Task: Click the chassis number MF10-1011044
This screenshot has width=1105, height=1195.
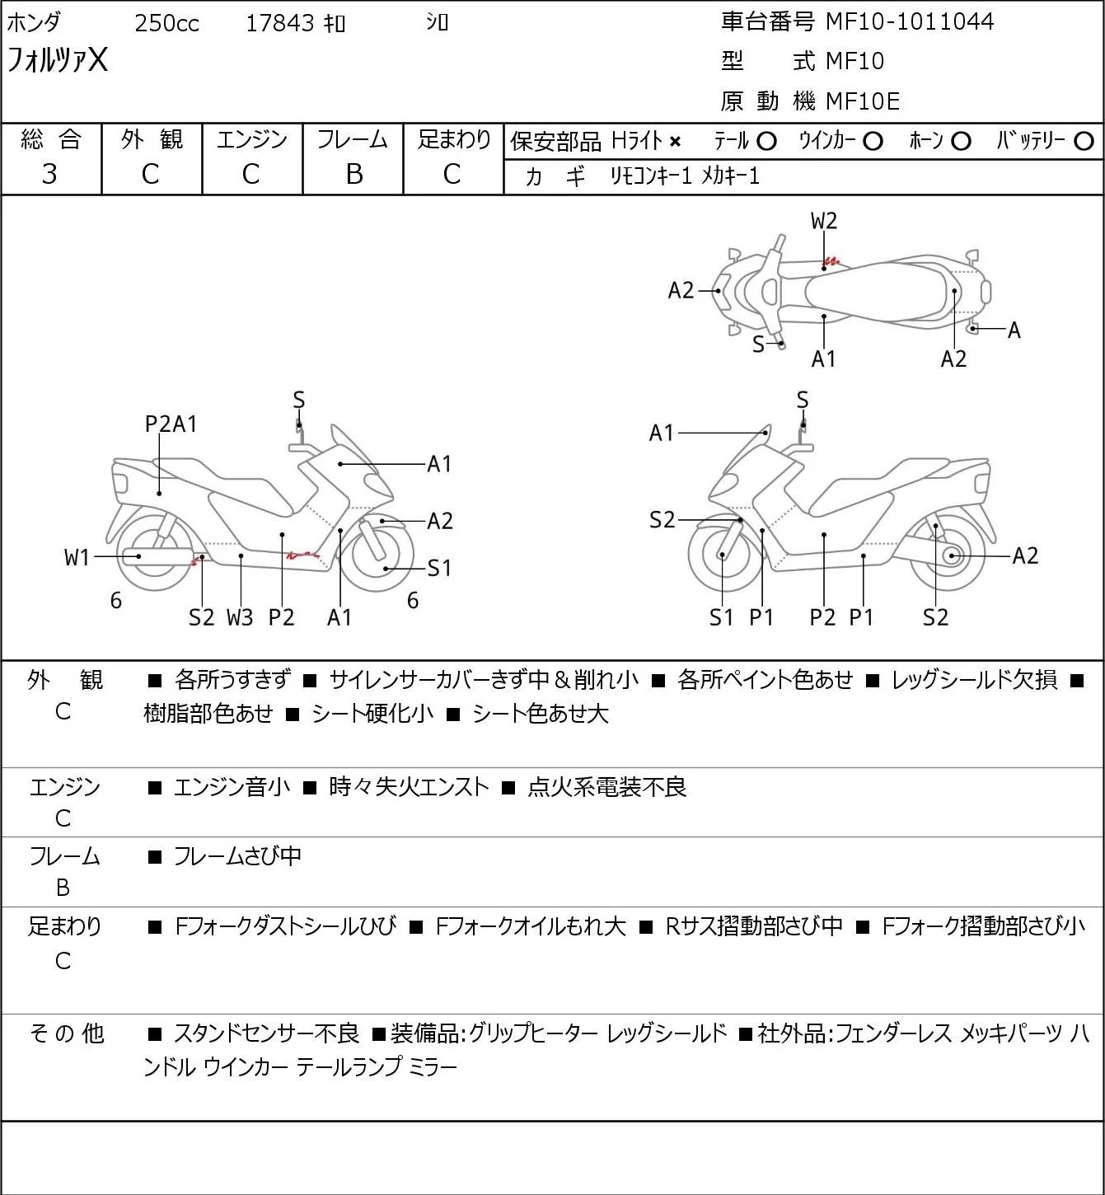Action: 910,21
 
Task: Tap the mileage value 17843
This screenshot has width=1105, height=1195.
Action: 280,23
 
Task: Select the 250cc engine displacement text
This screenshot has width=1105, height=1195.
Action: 166,23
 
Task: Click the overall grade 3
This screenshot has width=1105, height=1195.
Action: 49,175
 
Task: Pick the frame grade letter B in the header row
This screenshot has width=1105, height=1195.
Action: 354,175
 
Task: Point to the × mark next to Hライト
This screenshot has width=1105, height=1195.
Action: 676,142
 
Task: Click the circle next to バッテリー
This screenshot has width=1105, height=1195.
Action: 1084,142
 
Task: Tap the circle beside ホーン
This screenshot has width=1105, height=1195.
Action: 961,142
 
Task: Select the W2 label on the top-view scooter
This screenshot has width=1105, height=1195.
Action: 823,221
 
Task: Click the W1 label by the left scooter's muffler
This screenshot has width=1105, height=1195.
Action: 77,558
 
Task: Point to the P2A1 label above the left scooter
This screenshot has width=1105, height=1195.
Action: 171,424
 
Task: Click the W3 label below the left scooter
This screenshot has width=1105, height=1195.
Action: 240,617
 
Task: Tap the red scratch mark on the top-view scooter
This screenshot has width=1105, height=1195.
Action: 831,262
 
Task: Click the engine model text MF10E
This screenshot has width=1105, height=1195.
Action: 863,101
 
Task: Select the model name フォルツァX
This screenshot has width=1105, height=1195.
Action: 57,60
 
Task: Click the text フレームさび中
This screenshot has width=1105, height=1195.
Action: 237,855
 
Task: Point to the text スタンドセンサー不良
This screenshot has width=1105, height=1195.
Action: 266,1033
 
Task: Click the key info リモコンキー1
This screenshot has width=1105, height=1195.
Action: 651,176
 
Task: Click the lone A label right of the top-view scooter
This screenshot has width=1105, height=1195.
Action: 1014,330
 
